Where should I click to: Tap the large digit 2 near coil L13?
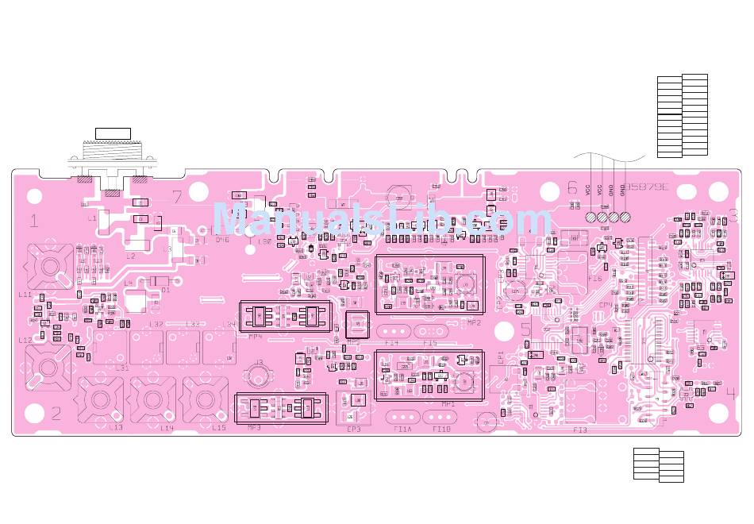coord(56,413)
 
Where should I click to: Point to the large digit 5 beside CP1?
coord(526,329)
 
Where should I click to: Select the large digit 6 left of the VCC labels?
coord(572,188)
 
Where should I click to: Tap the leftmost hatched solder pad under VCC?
coord(591,217)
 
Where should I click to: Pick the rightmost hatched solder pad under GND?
coord(625,217)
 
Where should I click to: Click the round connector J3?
coord(258,373)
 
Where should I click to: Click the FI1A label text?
coord(402,430)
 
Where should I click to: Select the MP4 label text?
coord(255,337)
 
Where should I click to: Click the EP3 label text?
coord(353,430)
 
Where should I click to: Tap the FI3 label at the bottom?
coord(580,430)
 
